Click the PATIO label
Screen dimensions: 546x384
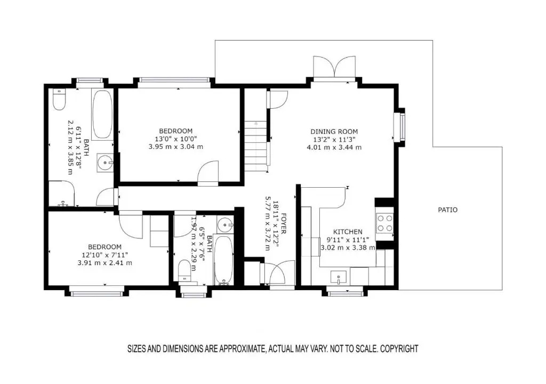[447, 210]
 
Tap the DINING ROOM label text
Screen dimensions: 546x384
[334, 132]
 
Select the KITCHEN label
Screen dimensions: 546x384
[348, 231]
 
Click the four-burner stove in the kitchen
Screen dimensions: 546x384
[384, 223]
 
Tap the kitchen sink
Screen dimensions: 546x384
[338, 278]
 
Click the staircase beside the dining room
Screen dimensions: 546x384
[256, 146]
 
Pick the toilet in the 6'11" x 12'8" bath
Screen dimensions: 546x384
[59, 99]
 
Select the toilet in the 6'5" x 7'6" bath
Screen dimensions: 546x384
[184, 270]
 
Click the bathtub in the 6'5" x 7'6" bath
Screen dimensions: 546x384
[223, 260]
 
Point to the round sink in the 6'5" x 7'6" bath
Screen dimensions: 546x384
[225, 225]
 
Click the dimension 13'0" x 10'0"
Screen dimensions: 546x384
[175, 139]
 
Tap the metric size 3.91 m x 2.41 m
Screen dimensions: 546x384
[105, 263]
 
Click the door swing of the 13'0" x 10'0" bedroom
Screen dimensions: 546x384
[208, 171]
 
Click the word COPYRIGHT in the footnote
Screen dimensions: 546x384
[399, 348]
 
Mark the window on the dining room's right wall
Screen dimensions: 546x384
[400, 127]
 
